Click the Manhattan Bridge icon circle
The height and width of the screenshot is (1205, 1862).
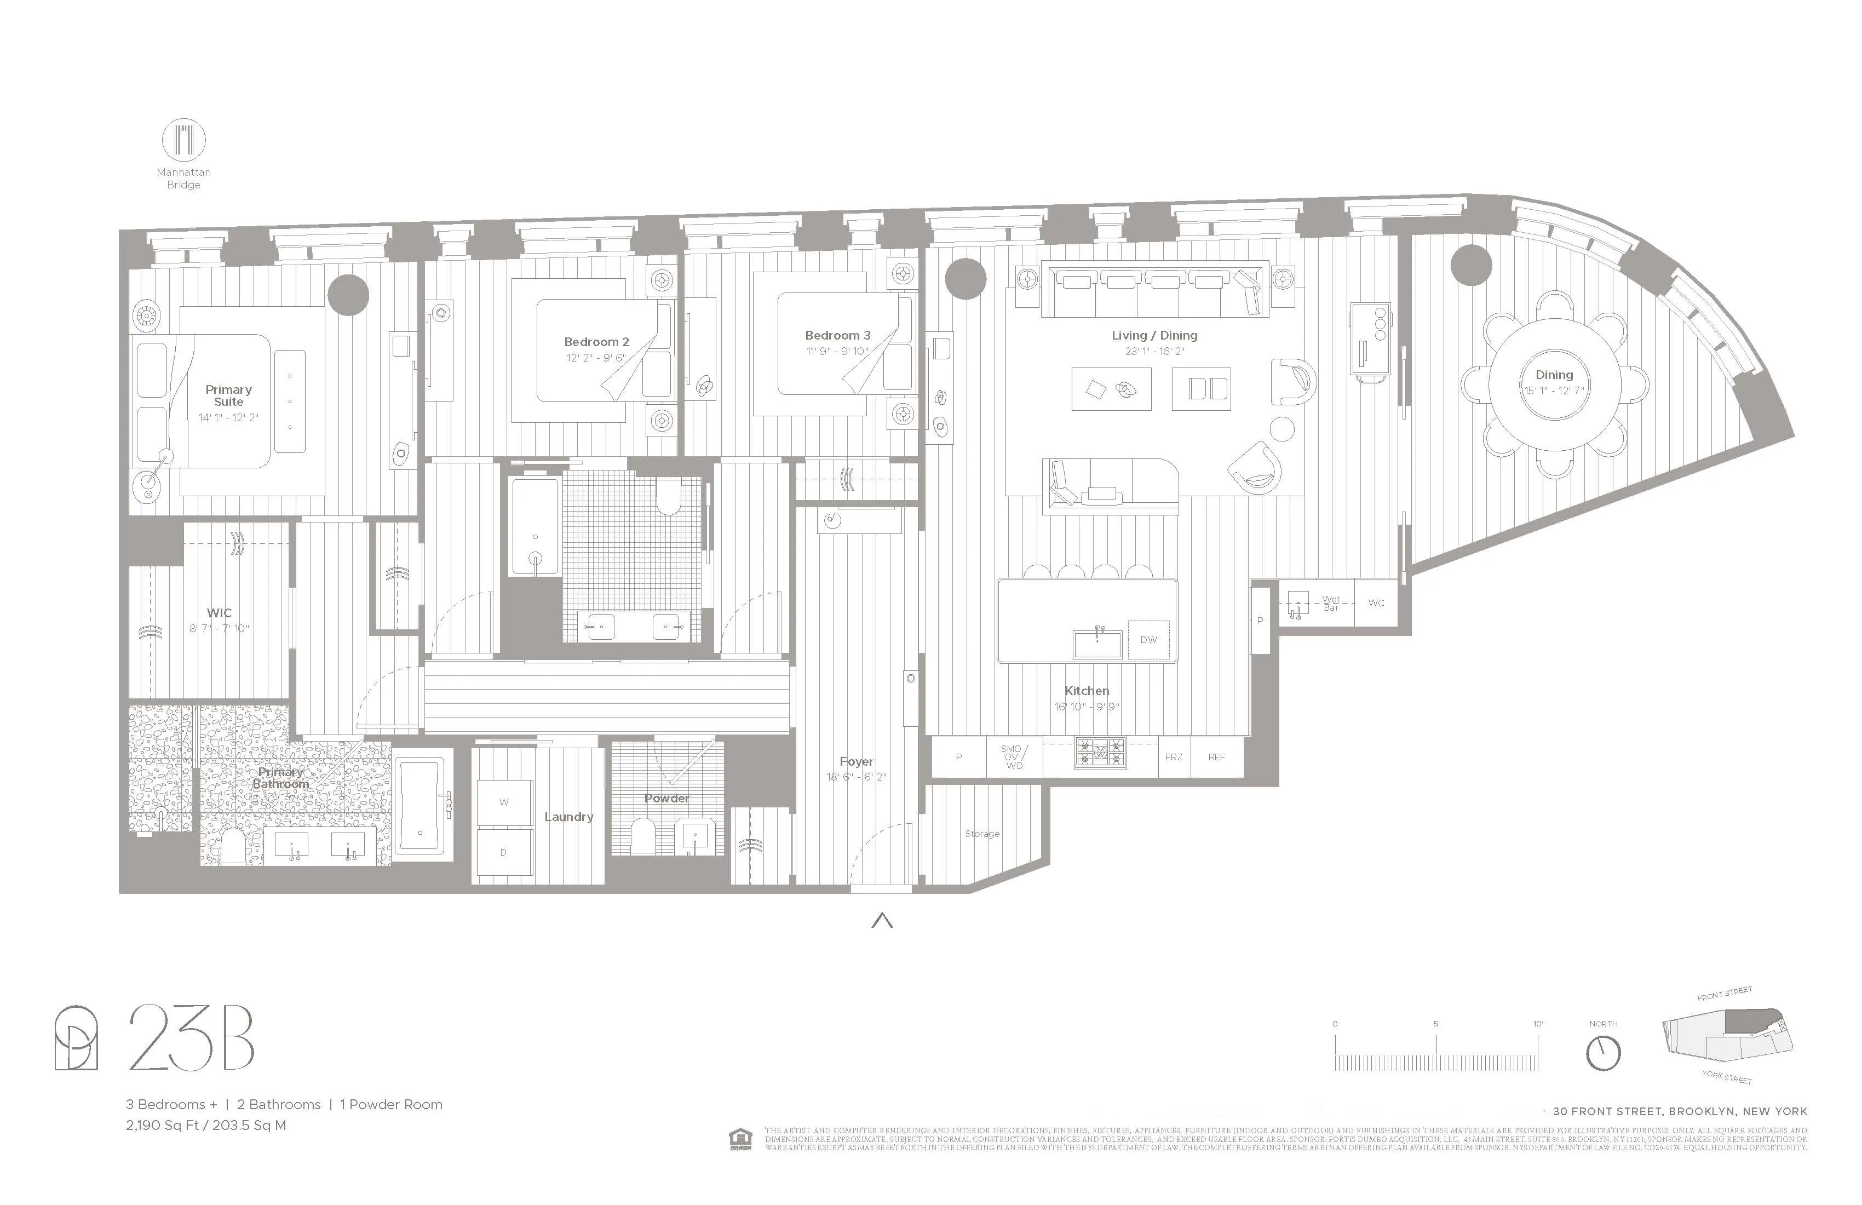184,141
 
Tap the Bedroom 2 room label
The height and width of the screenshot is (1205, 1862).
596,342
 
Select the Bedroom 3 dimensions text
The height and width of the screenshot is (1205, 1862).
837,351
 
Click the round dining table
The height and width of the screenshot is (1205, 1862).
1554,383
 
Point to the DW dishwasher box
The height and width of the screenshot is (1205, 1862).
1148,640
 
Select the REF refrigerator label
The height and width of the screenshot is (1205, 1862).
1216,758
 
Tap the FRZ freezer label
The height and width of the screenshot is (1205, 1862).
1174,758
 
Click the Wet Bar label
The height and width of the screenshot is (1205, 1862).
1331,603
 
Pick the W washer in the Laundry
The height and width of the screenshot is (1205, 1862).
504,802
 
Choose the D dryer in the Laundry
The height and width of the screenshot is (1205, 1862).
503,852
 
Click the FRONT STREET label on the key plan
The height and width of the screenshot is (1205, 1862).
1725,994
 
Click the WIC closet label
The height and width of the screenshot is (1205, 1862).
219,613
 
